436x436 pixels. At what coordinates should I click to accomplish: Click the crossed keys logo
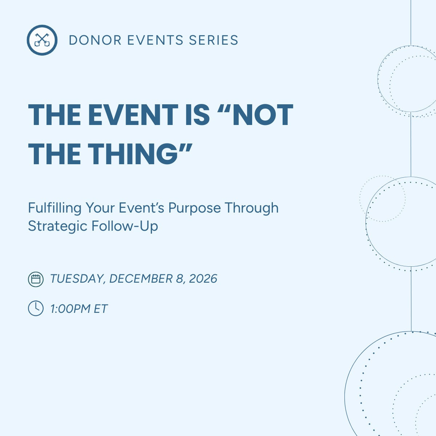click(x=42, y=40)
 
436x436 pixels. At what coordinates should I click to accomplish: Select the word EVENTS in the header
click(x=155, y=40)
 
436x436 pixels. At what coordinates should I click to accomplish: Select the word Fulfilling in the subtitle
click(x=54, y=208)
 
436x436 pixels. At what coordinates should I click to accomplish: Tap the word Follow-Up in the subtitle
click(x=125, y=226)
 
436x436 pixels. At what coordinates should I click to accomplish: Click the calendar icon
click(x=36, y=279)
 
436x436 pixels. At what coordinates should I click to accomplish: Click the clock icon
click(x=36, y=308)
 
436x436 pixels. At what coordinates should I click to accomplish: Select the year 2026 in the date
click(x=203, y=279)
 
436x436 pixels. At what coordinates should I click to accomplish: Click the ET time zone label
click(x=101, y=309)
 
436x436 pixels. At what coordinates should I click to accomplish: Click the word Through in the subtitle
click(x=251, y=208)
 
